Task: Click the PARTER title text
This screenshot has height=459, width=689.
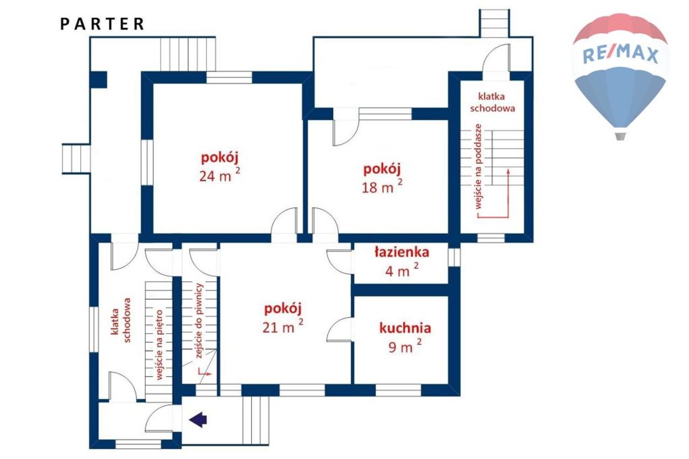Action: [x=102, y=24]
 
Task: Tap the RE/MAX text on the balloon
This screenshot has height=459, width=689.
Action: [x=620, y=55]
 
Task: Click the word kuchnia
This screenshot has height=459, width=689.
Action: [x=405, y=328]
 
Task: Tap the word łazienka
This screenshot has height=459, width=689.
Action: [x=402, y=252]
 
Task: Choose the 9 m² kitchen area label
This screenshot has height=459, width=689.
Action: [x=405, y=346]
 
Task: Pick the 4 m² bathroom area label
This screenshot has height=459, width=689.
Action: [x=402, y=270]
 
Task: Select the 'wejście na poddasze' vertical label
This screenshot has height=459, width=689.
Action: [x=479, y=167]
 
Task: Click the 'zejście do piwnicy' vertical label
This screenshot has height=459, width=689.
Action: [x=199, y=321]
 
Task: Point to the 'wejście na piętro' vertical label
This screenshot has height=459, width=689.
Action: [x=159, y=345]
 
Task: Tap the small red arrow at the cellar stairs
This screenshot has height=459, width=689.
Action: [x=203, y=372]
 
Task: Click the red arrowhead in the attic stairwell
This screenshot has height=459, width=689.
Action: [x=509, y=171]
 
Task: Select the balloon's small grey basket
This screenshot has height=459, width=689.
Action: [x=621, y=136]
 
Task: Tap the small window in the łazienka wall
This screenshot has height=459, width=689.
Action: [x=454, y=257]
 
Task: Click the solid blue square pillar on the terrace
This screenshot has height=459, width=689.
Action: [x=99, y=80]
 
